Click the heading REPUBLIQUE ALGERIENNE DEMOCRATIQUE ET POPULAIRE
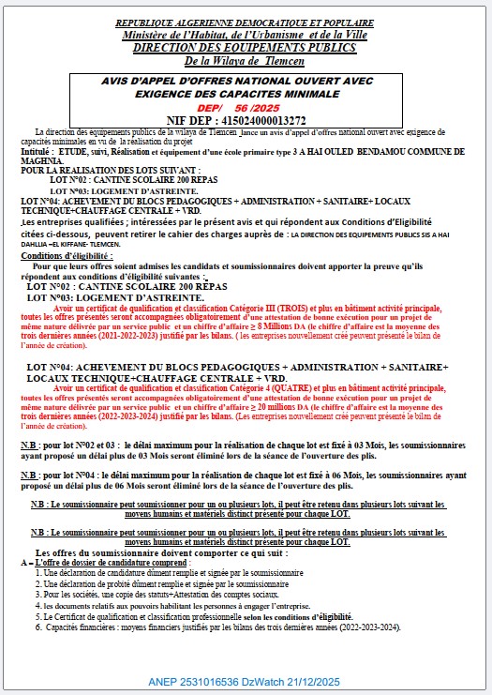pyautogui.click(x=246, y=21)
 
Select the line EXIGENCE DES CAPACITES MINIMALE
pyautogui.click(x=246, y=94)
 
